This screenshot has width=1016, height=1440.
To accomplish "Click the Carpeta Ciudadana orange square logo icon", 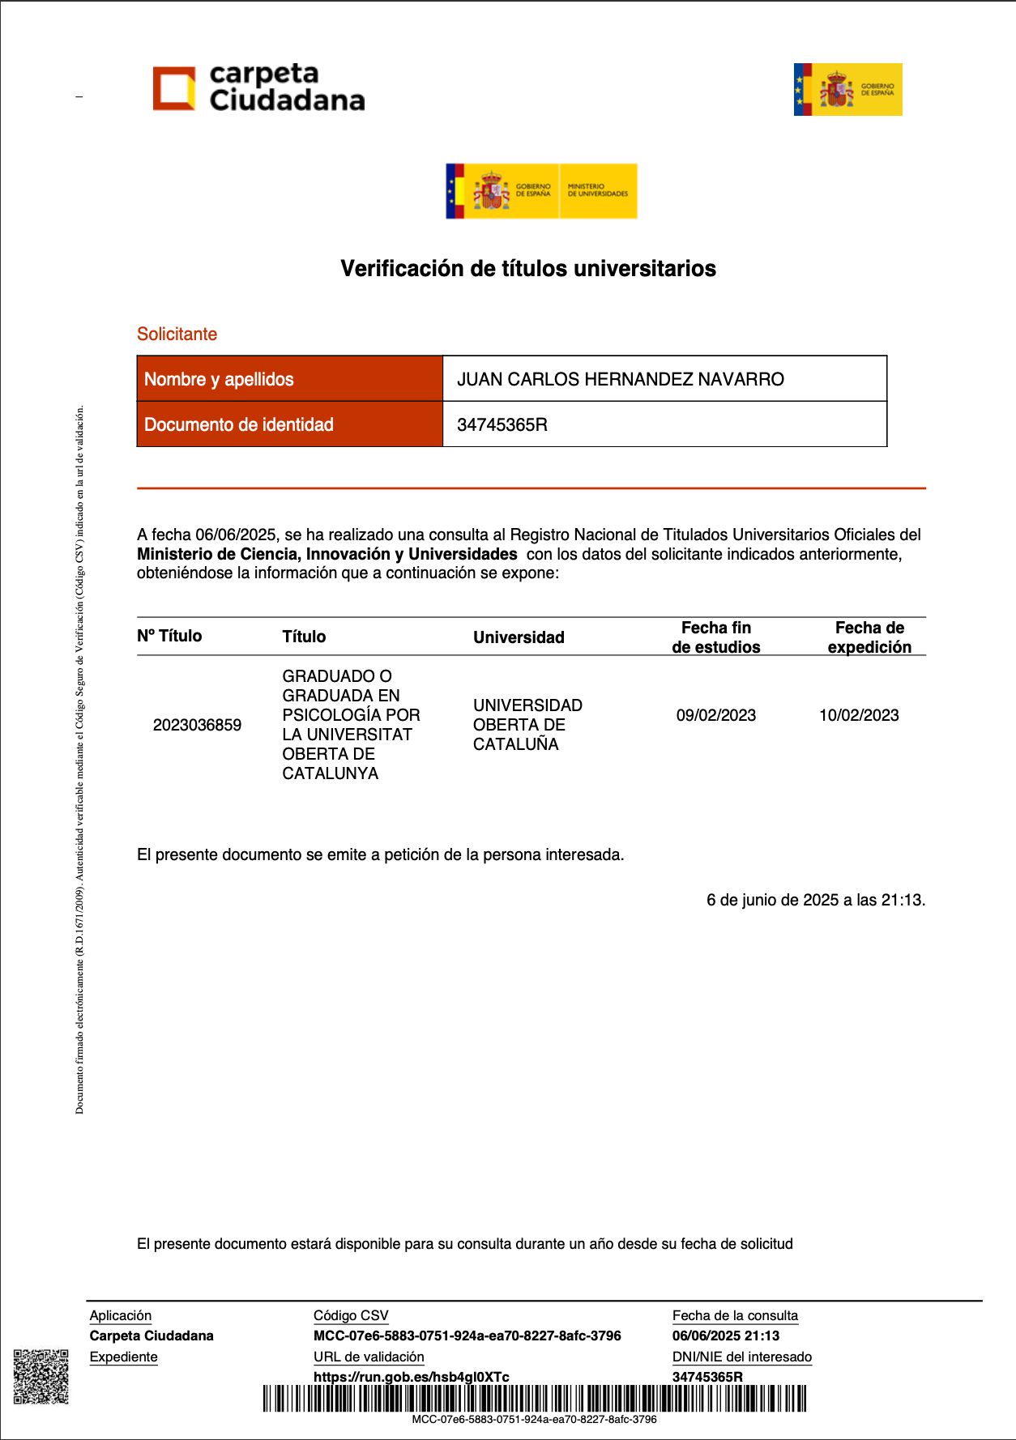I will click(174, 87).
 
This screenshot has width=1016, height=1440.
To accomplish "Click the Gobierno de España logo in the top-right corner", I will click(847, 89).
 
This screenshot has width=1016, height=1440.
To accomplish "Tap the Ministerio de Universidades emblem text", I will click(598, 190).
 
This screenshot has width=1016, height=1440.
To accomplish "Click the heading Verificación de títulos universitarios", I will click(528, 269).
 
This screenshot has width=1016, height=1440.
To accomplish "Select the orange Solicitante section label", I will click(177, 334).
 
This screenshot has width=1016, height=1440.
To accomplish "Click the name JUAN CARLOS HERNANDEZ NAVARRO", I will click(621, 379).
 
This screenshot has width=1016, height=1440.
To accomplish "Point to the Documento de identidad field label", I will click(239, 424).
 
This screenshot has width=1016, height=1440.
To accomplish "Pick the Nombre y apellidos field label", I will click(219, 379).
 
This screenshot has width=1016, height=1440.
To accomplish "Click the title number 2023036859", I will click(197, 725).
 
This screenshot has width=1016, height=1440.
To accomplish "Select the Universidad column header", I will click(519, 637).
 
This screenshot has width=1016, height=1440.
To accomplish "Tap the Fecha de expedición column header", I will click(869, 637).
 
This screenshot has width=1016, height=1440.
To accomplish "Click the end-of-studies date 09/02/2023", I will click(716, 715).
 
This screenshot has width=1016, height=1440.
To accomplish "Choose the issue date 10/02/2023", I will click(859, 715).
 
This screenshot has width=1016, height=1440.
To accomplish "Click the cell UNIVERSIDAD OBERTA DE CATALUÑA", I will click(527, 725).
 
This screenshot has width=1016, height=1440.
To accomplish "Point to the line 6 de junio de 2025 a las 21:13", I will click(816, 900).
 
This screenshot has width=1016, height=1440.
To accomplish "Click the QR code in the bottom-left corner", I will click(41, 1376).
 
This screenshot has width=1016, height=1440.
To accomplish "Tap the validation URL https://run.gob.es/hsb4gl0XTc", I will click(412, 1377).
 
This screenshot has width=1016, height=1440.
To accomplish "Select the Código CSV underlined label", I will click(351, 1316).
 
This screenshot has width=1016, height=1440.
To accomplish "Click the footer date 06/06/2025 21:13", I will click(726, 1336).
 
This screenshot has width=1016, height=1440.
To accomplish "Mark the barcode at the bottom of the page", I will click(535, 1399).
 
